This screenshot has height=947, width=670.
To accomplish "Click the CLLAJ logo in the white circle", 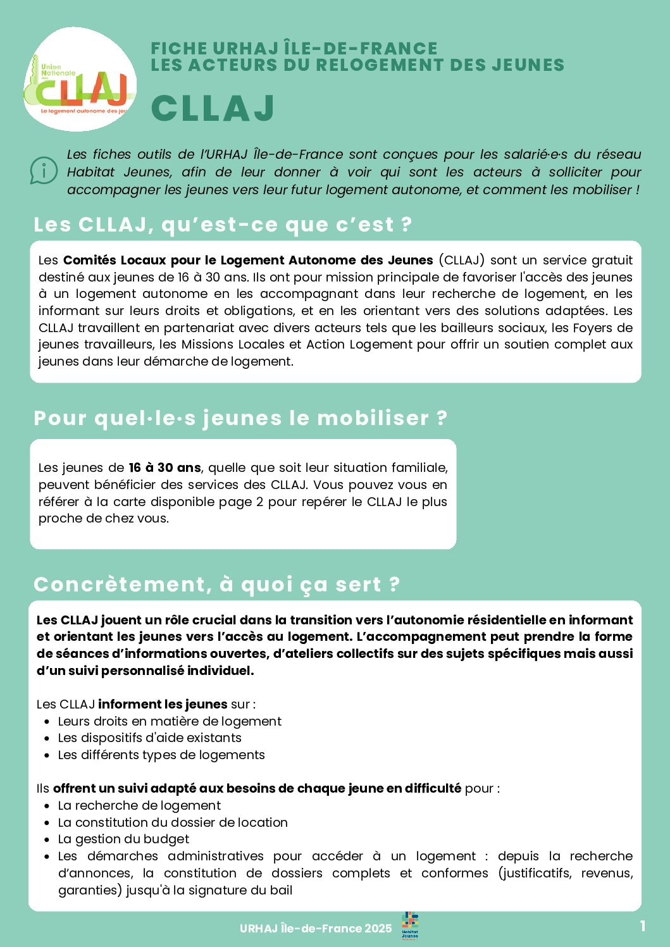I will (80, 80).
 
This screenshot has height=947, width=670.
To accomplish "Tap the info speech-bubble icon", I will (44, 171).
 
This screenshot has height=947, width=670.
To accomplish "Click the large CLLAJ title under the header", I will (213, 108).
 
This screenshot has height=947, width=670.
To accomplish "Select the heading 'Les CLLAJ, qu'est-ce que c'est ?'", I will (223, 225).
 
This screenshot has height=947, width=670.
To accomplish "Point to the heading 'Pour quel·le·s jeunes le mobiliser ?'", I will (240, 418).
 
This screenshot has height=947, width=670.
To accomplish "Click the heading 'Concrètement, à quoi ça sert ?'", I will (217, 585).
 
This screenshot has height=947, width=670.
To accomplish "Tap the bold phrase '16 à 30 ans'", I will (164, 467).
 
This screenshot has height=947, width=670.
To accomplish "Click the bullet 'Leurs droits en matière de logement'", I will (170, 721).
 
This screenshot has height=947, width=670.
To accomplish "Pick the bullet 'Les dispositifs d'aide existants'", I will (149, 738).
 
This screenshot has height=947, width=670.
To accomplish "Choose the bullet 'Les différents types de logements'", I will (161, 755).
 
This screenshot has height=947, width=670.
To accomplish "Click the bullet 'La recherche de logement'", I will (139, 805).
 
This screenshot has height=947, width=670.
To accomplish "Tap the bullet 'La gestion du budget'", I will (123, 839).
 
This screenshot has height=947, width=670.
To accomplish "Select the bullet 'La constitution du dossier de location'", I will (173, 822).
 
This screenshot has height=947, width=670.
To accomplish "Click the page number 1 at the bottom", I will (642, 926).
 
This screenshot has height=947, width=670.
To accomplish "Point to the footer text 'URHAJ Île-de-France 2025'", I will (316, 929).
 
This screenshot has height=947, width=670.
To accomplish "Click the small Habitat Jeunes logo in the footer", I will (410, 926).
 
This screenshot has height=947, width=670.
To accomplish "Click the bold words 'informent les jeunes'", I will (163, 704).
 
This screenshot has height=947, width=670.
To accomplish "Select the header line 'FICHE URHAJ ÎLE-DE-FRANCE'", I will (294, 48).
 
